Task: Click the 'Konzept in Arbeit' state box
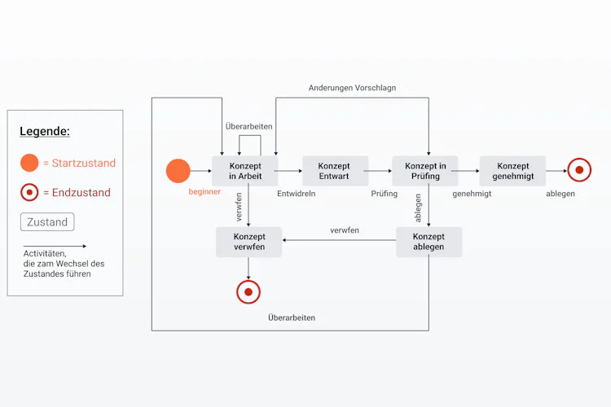[244, 171]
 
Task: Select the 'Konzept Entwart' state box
[335, 171]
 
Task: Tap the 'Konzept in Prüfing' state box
[425, 171]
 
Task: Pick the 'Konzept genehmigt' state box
[512, 171]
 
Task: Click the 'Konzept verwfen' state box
[248, 242]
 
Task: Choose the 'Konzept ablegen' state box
[429, 242]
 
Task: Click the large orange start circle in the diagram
[178, 171]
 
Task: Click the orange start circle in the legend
[29, 163]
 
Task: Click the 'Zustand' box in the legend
[47, 222]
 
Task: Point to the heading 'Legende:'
[45, 131]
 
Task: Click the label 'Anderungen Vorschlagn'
[352, 88]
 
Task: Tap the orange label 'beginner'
[204, 191]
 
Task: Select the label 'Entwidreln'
[297, 194]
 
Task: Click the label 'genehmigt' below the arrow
[472, 194]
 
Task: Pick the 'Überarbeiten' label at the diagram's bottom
[292, 317]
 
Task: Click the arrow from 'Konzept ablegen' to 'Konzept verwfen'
[340, 240]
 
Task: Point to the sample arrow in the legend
[55, 246]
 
